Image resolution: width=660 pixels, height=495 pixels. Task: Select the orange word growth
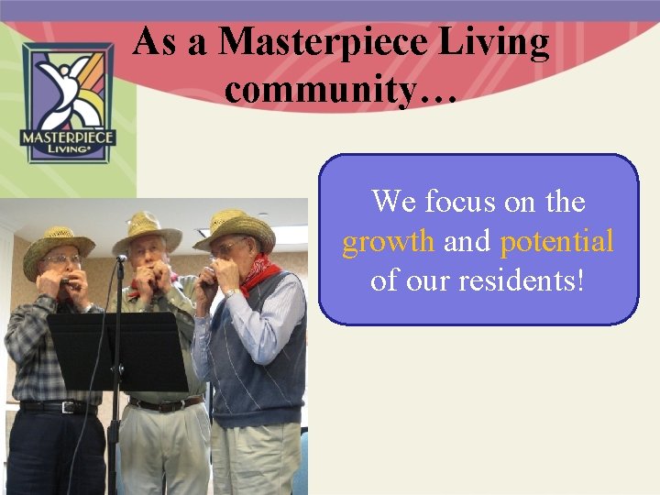point(389,241)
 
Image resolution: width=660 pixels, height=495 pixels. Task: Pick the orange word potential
point(556,242)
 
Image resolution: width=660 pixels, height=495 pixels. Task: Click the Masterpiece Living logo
point(69,103)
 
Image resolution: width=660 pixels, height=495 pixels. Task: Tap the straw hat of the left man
point(58,246)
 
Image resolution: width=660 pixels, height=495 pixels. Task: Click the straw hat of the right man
point(236,228)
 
